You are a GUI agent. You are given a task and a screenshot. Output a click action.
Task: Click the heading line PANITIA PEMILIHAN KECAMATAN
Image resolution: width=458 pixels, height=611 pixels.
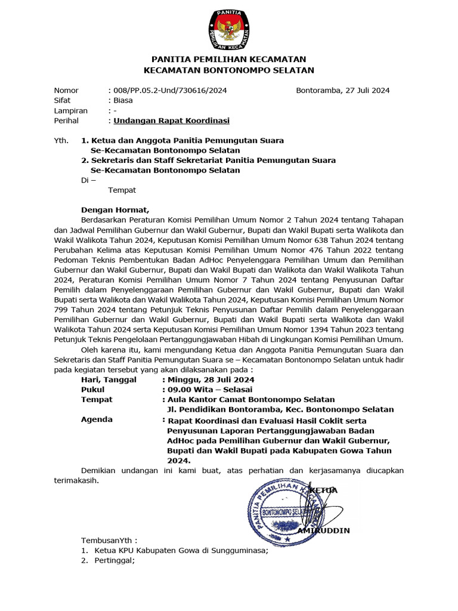(229, 59)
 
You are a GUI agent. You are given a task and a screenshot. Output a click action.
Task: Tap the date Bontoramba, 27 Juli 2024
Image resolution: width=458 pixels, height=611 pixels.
(343, 90)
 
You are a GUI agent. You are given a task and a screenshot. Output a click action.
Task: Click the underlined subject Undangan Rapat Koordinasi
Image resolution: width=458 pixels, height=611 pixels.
(172, 121)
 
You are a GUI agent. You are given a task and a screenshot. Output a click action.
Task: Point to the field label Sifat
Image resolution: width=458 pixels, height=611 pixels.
(63, 100)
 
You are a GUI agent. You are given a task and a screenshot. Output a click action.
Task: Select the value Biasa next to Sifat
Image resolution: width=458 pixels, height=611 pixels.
(123, 100)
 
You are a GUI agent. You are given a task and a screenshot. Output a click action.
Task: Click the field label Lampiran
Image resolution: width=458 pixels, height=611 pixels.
(70, 110)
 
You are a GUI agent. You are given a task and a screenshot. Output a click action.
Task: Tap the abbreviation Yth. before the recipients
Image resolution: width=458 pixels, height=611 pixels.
(61, 140)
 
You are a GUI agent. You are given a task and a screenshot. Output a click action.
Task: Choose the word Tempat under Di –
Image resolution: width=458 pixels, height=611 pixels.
(122, 190)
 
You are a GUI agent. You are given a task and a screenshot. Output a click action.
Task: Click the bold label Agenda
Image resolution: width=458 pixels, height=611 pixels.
(97, 419)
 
